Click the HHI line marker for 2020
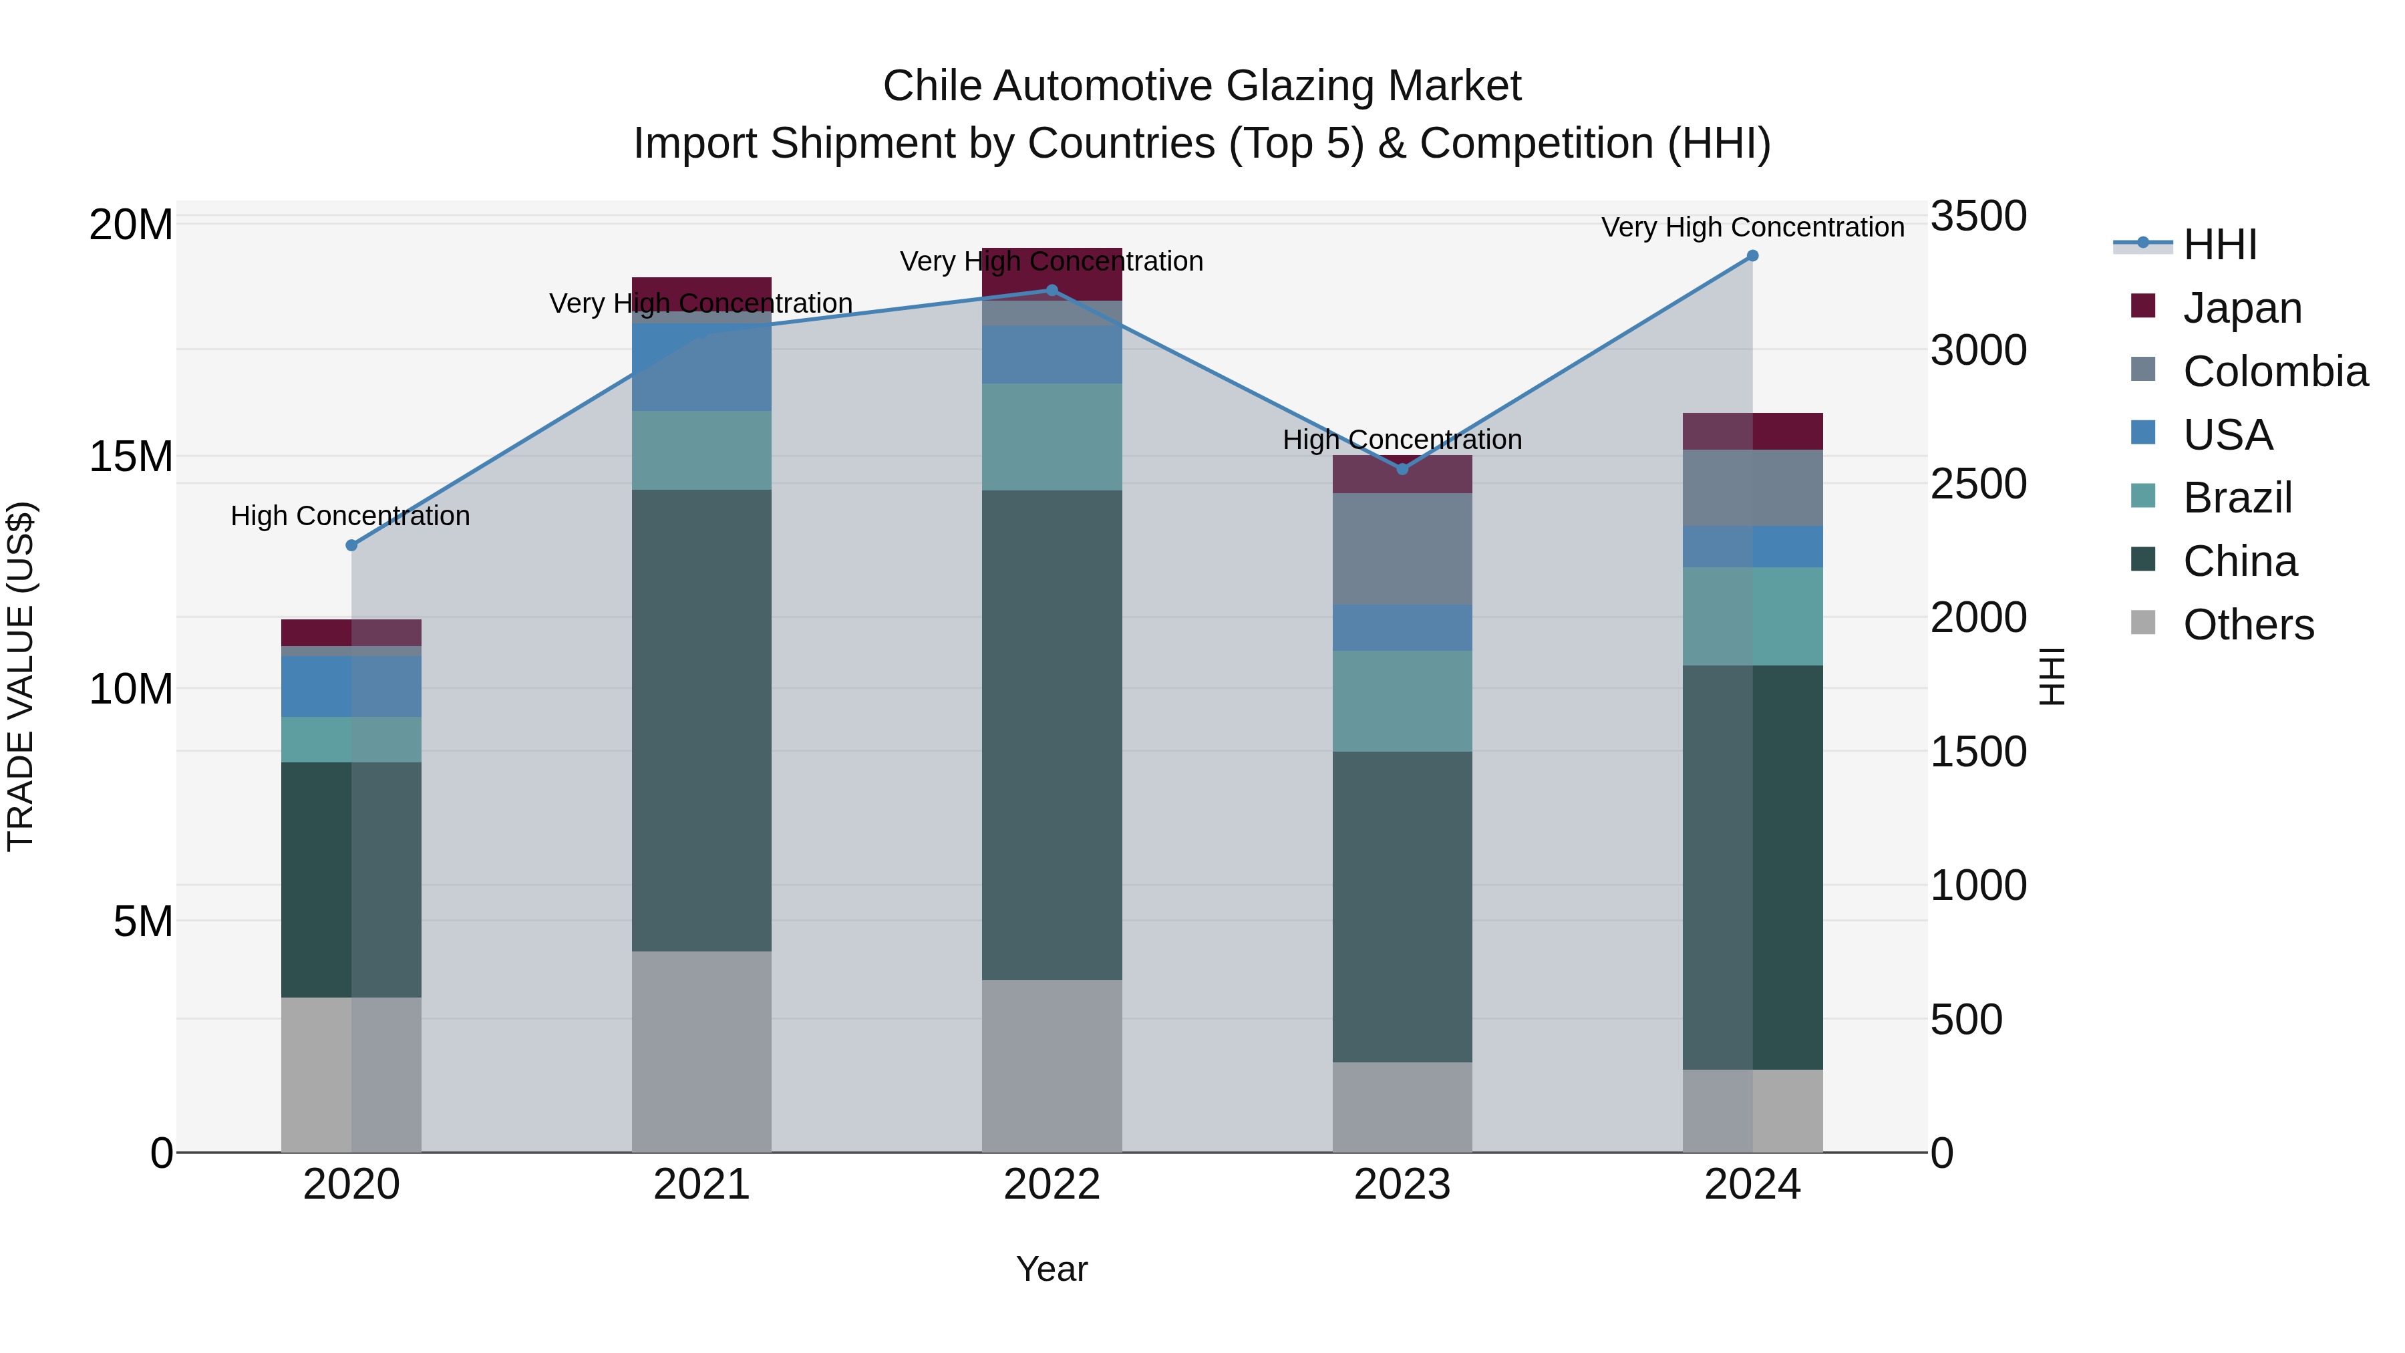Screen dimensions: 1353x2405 (351, 545)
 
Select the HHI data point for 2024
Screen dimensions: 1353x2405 (1752, 256)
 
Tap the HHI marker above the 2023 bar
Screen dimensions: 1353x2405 (1402, 469)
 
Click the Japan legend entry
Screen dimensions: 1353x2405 (2241, 308)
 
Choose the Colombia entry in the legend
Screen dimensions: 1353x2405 (2274, 371)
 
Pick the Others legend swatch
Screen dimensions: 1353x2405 (2144, 623)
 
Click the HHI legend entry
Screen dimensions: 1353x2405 (2219, 245)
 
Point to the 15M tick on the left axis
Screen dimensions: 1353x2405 (131, 456)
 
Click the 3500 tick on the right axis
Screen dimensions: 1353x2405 (1978, 216)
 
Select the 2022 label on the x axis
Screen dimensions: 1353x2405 (1052, 1185)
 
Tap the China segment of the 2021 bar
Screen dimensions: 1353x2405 (701, 719)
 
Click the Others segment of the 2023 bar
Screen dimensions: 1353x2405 (1402, 1106)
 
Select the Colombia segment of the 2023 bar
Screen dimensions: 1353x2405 (1402, 549)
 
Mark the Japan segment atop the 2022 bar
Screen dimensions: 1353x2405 (1052, 273)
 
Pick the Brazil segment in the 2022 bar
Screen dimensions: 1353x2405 (1052, 437)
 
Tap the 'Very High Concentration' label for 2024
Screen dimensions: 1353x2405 (1752, 227)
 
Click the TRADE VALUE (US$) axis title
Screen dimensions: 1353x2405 (21, 676)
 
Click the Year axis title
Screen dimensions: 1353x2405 (1052, 1269)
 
